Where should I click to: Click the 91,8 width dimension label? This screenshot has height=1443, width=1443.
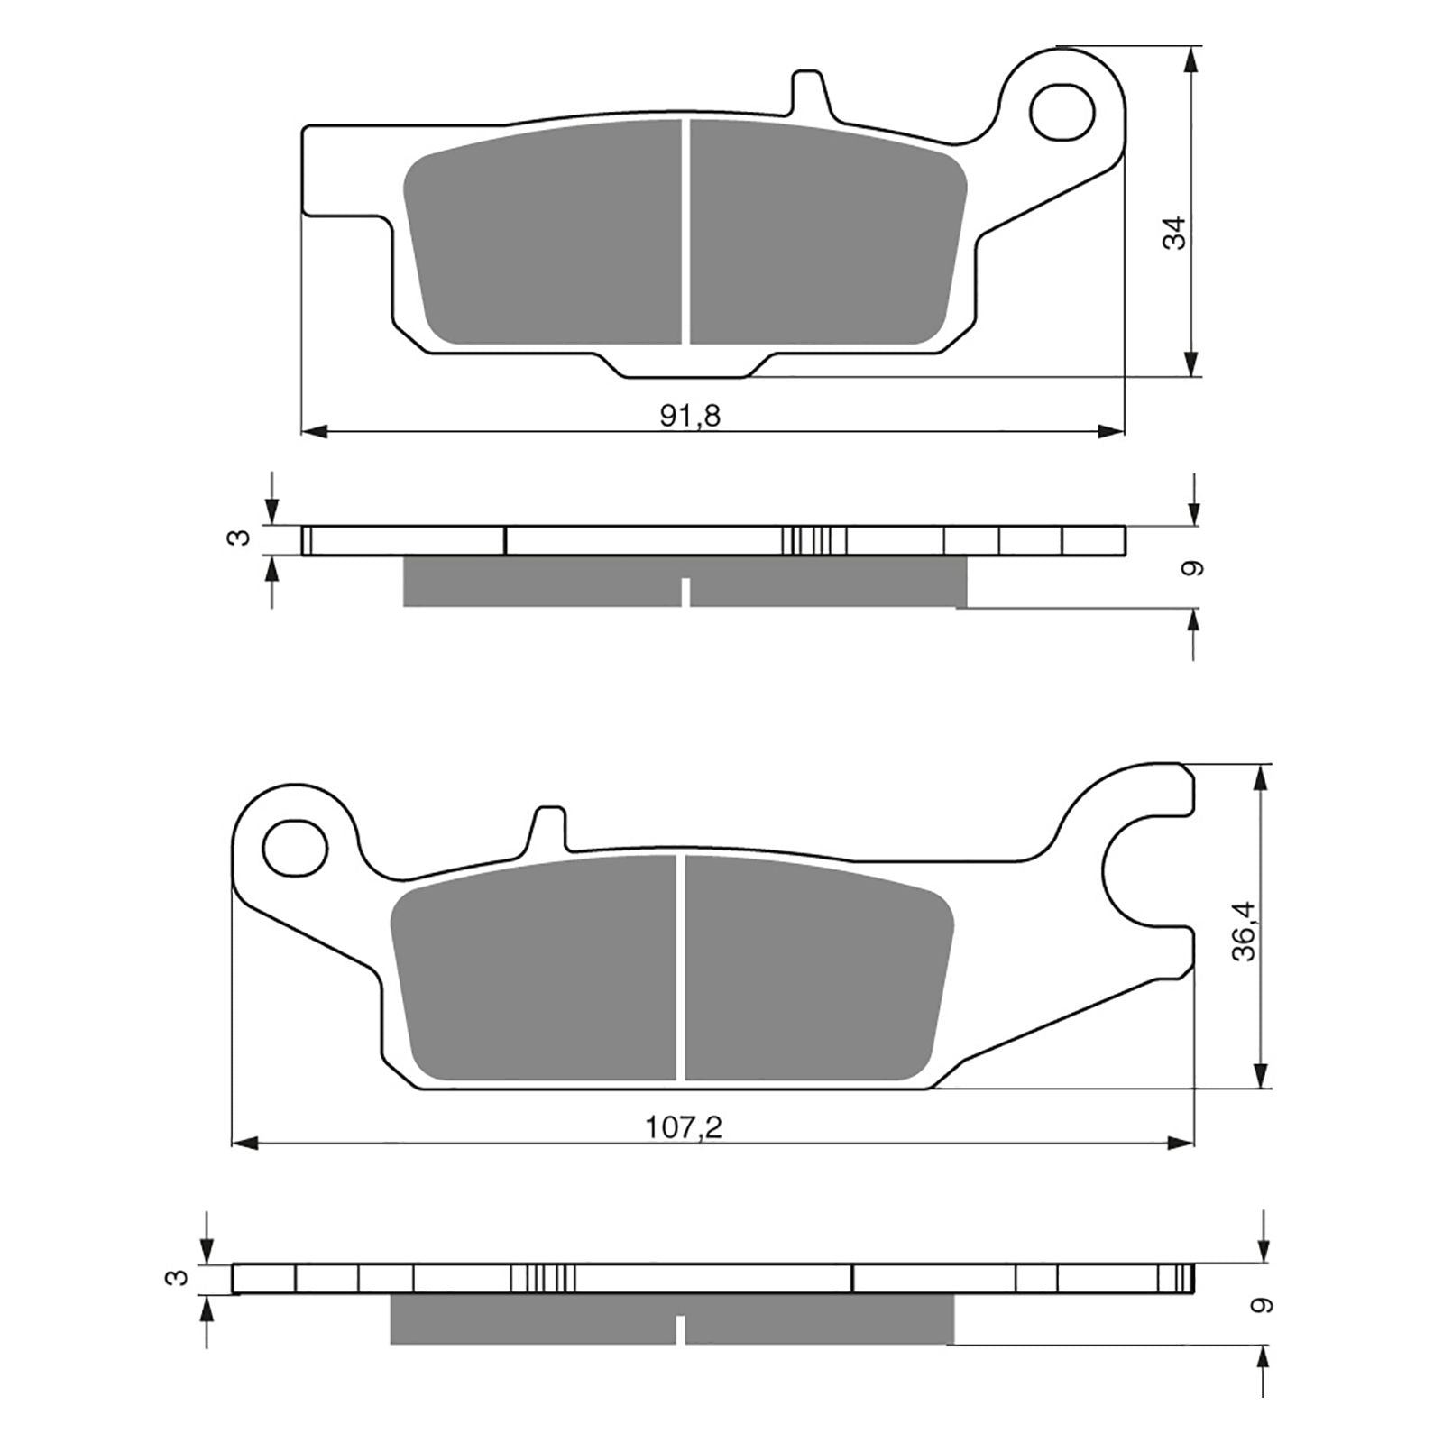coord(691,416)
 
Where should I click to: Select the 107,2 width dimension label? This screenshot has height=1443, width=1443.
coord(684,1127)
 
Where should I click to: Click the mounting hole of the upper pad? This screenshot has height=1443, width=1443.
coord(1062,112)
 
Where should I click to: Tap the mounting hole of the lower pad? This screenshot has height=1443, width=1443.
coord(294,846)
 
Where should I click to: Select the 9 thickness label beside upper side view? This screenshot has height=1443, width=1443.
coord(1195,568)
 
